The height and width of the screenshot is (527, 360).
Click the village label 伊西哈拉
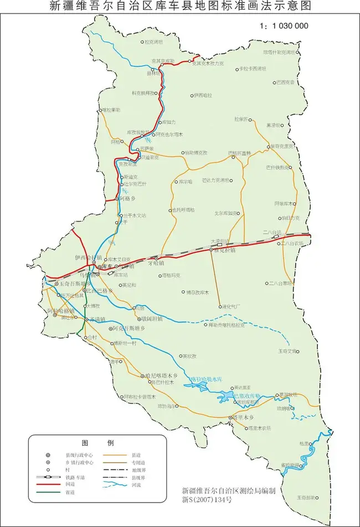pyautogui.click(x=203, y=96)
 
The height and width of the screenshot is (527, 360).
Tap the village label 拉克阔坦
pyautogui.click(x=153, y=41)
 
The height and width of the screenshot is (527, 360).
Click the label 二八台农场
pyautogui.click(x=292, y=243)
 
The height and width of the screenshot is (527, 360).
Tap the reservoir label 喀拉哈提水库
pyautogui.click(x=206, y=379)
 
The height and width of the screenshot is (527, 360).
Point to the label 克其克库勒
pyautogui.click(x=163, y=60)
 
